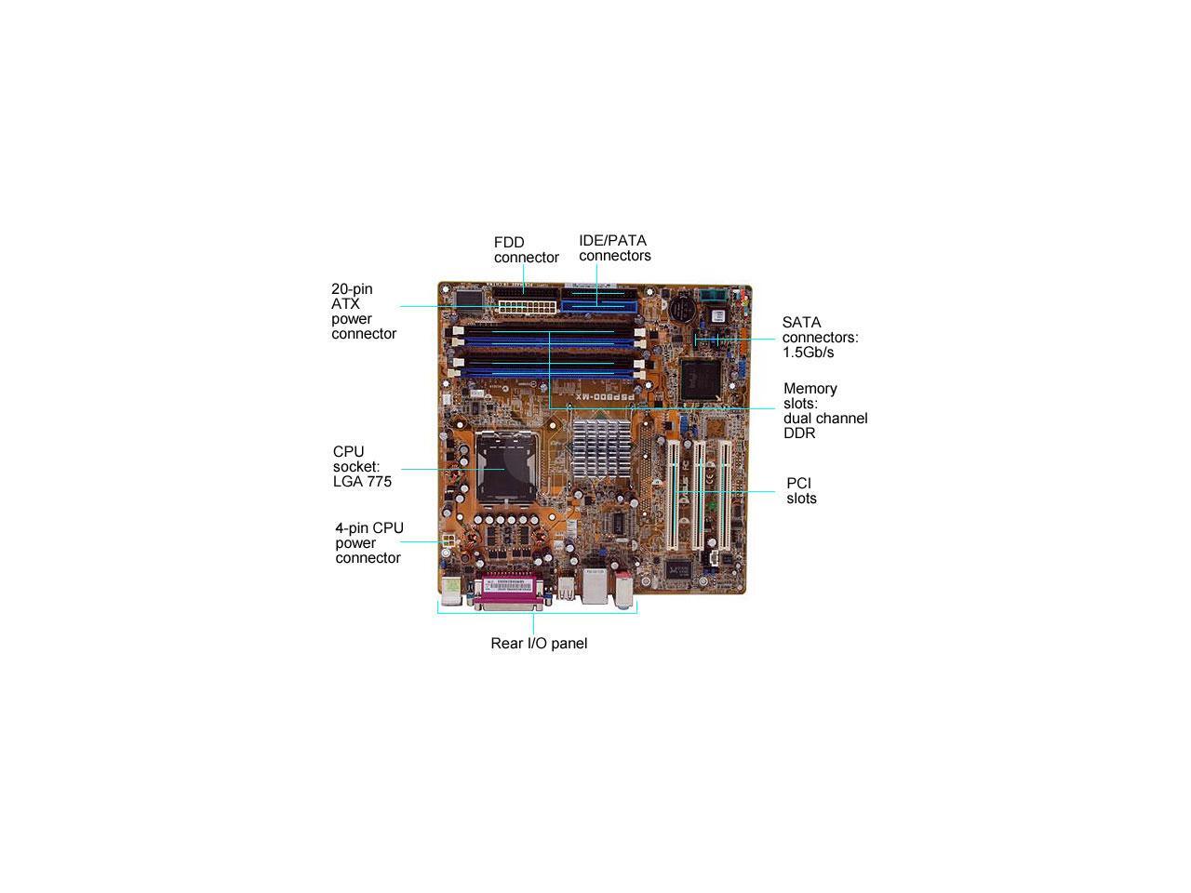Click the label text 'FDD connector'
click(x=526, y=249)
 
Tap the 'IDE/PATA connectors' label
click(x=614, y=247)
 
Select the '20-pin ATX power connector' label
click(x=364, y=311)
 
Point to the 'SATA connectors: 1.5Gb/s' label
click(x=820, y=337)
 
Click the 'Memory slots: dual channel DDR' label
click(x=824, y=410)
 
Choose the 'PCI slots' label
click(x=801, y=490)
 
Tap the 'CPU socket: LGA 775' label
click(x=362, y=466)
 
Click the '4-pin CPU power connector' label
click(x=369, y=542)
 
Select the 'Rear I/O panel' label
click(x=539, y=643)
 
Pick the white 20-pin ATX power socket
click(x=526, y=306)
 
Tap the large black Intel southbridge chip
click(x=703, y=377)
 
